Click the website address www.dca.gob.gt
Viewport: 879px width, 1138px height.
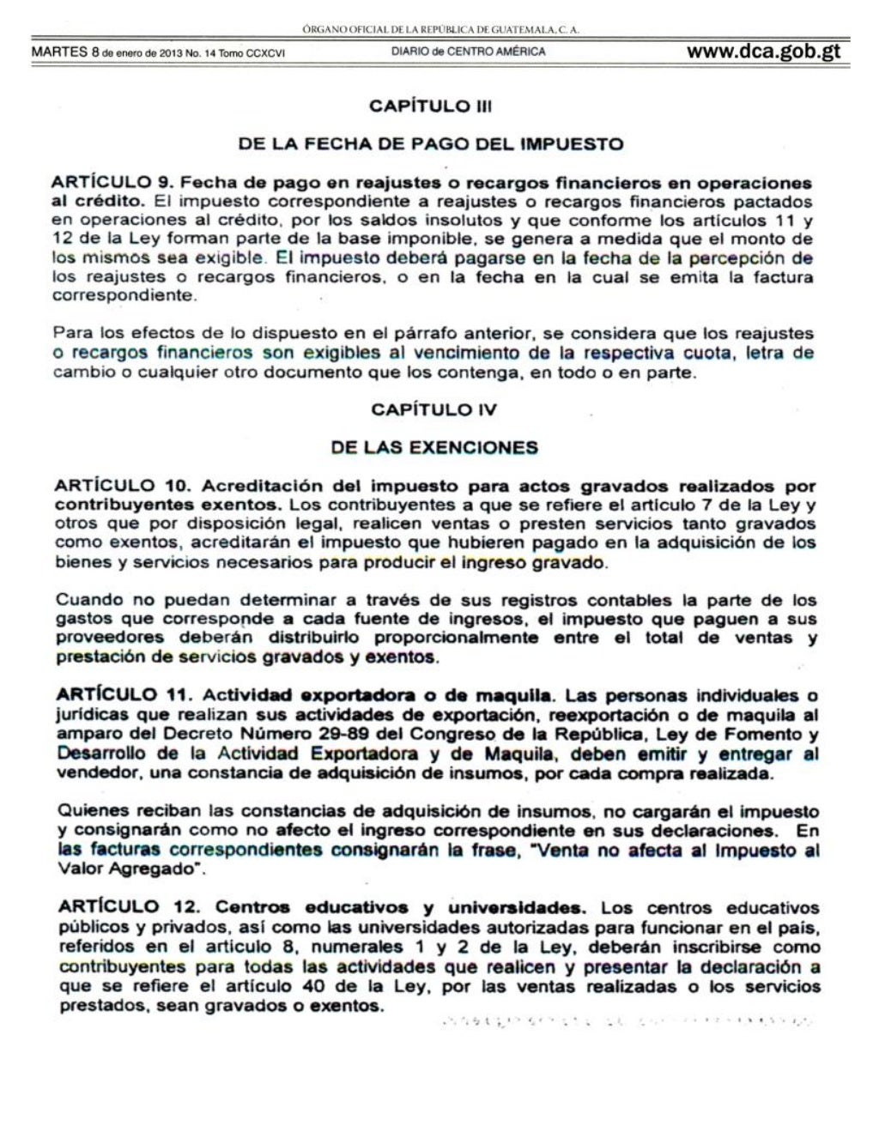pos(763,51)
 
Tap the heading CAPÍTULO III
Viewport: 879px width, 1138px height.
pos(430,106)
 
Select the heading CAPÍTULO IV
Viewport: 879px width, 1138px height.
pos(433,409)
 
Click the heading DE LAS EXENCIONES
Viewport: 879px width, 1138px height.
pos(434,447)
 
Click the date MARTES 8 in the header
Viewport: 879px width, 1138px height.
pos(59,51)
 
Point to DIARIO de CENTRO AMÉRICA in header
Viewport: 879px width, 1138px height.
pos(468,51)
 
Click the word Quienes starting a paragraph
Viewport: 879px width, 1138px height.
pos(88,811)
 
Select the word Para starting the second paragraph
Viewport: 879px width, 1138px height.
pos(71,334)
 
